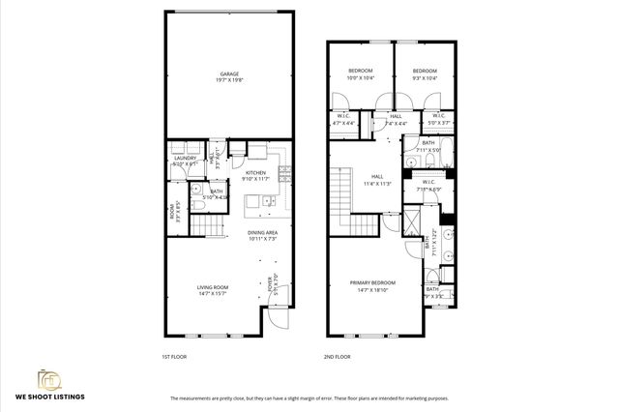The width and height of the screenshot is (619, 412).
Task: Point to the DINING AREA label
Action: click(x=262, y=235)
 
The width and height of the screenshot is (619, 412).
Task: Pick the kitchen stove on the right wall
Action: click(x=284, y=175)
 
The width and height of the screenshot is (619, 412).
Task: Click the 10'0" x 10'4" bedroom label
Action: click(x=359, y=74)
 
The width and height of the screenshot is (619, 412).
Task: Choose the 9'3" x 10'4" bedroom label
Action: click(x=425, y=74)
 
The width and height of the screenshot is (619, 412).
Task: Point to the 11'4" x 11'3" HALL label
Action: click(x=378, y=179)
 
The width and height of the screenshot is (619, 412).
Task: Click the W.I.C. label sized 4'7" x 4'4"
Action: click(x=343, y=120)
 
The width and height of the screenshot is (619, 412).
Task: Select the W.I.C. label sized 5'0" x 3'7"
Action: click(x=438, y=120)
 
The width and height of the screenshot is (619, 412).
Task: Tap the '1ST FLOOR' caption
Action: click(x=173, y=357)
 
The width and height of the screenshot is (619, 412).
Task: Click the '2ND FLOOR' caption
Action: click(x=336, y=357)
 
